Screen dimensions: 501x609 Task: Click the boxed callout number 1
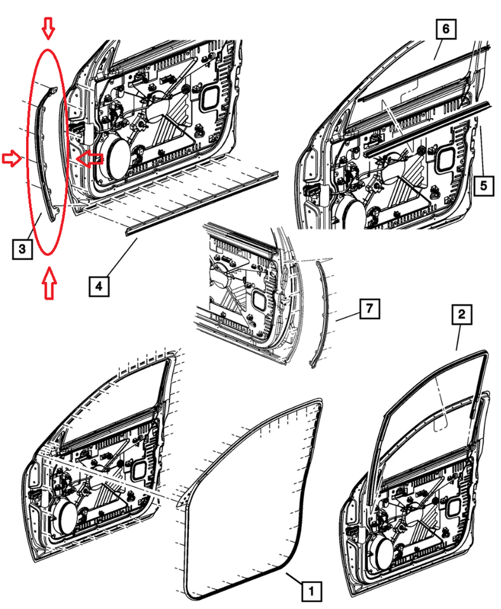point(311,591)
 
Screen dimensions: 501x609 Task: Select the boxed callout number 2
point(462,314)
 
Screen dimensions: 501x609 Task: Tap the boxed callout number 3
point(22,249)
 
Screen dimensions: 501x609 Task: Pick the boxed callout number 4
point(99,286)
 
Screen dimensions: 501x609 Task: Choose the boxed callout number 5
point(483,185)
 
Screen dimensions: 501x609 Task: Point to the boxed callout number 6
point(445,29)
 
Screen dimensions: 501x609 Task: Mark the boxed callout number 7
point(369,309)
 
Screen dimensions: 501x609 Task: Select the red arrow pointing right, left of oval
point(12,159)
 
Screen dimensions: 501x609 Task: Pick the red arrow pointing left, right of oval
point(89,159)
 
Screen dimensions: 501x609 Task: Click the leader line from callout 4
point(122,257)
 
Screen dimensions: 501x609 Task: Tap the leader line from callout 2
point(459,337)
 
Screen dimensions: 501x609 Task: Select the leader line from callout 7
point(348,317)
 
